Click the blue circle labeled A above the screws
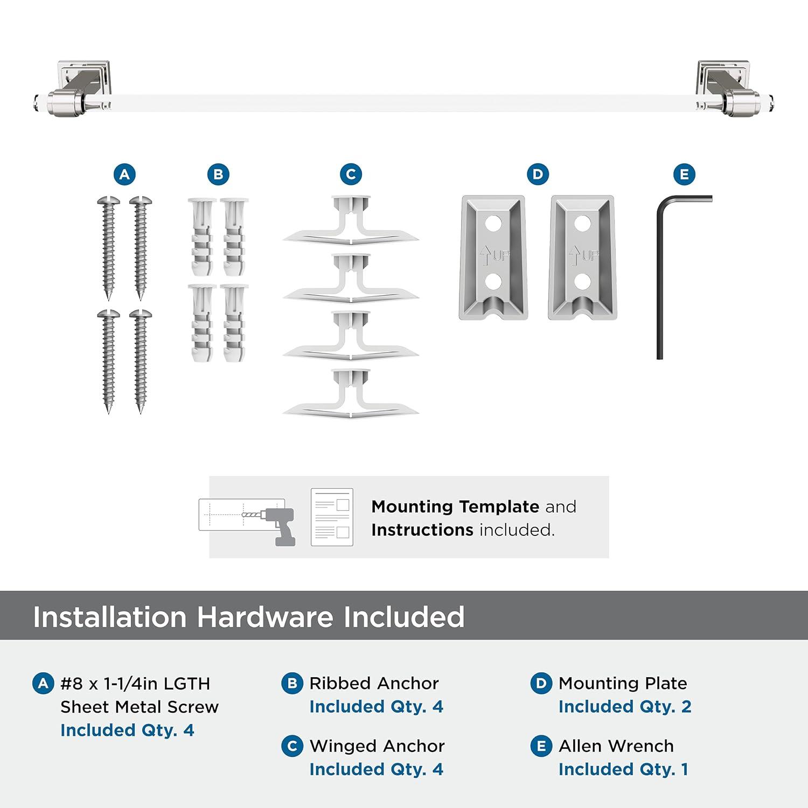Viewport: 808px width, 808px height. pos(124,175)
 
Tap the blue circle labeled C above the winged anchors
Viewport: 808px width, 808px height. pos(351,175)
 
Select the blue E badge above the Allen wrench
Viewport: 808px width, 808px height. pos(684,175)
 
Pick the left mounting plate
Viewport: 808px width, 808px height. pos(493,257)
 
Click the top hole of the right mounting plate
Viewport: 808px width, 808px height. pos(582,223)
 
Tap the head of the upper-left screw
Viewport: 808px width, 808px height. pos(108,201)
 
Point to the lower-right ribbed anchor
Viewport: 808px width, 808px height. pos(234,323)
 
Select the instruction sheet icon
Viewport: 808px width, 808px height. pos(332,517)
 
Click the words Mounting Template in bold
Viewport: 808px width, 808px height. pos(455,507)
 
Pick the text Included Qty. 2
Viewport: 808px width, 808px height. pos(624,707)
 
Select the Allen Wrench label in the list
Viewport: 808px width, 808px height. pos(616,746)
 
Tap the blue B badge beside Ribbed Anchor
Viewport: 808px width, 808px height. pos(292,684)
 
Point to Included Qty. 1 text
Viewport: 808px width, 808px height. pos(623,770)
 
